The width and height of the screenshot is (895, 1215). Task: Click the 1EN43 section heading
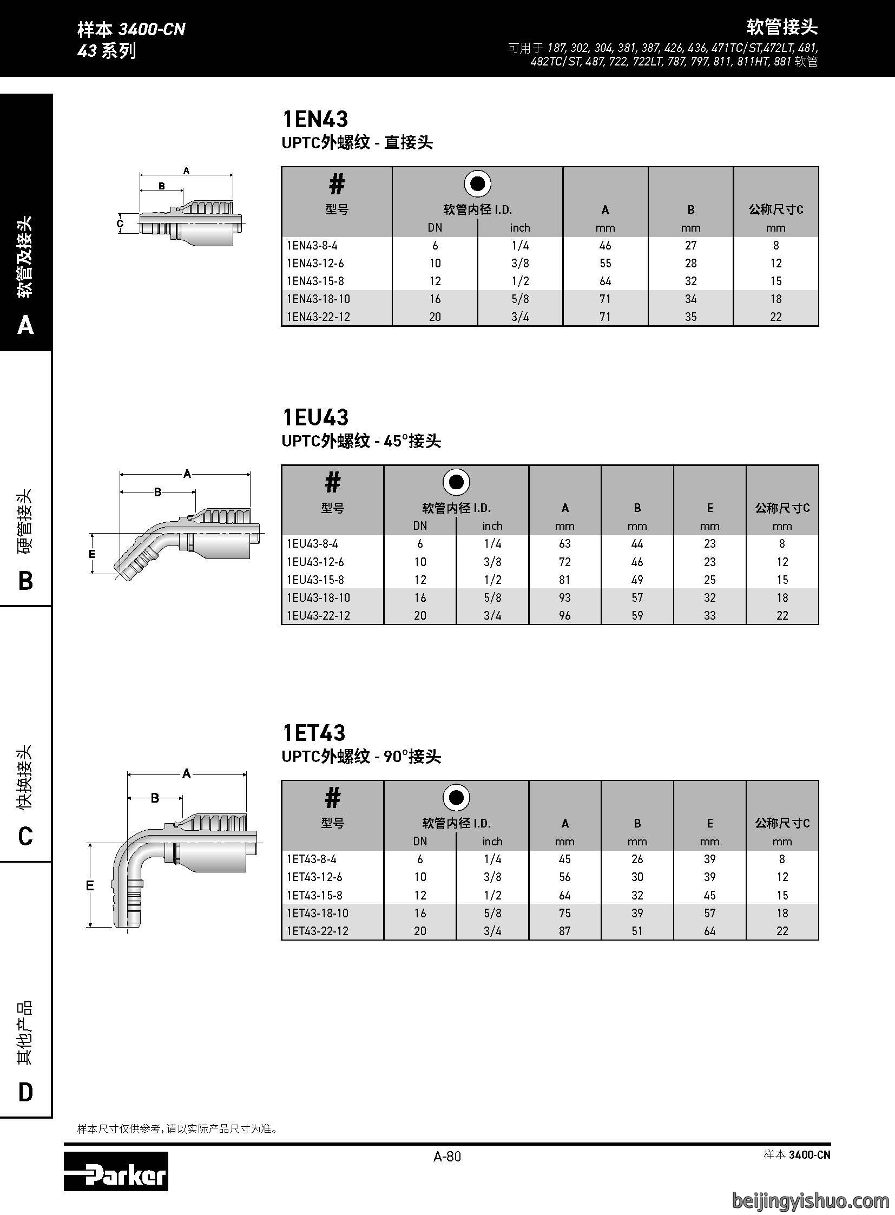click(x=315, y=119)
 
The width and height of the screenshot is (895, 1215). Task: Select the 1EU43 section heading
click(x=315, y=417)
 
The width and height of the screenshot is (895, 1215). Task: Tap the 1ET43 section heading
click(x=314, y=733)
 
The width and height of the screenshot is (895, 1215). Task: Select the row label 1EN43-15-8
click(x=315, y=281)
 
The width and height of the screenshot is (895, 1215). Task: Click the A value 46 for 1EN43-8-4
click(x=605, y=246)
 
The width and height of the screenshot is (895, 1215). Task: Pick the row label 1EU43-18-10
click(x=319, y=597)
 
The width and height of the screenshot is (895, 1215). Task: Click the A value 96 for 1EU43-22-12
click(x=564, y=616)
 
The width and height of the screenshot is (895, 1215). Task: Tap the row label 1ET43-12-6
click(x=315, y=877)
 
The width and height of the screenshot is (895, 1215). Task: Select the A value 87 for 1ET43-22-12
click(x=564, y=931)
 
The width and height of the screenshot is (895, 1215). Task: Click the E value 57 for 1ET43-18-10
click(x=710, y=913)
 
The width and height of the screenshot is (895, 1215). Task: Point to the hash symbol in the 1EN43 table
click(x=337, y=184)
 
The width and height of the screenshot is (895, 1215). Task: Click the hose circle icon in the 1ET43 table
click(x=456, y=798)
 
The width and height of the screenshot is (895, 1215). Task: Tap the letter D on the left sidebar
click(x=25, y=1093)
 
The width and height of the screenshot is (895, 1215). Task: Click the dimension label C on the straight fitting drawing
click(x=120, y=224)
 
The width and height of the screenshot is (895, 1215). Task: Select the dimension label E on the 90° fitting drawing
click(x=90, y=886)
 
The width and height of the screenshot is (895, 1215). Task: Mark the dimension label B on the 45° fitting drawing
click(x=157, y=492)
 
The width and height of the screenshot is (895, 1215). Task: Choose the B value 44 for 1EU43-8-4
click(x=637, y=543)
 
